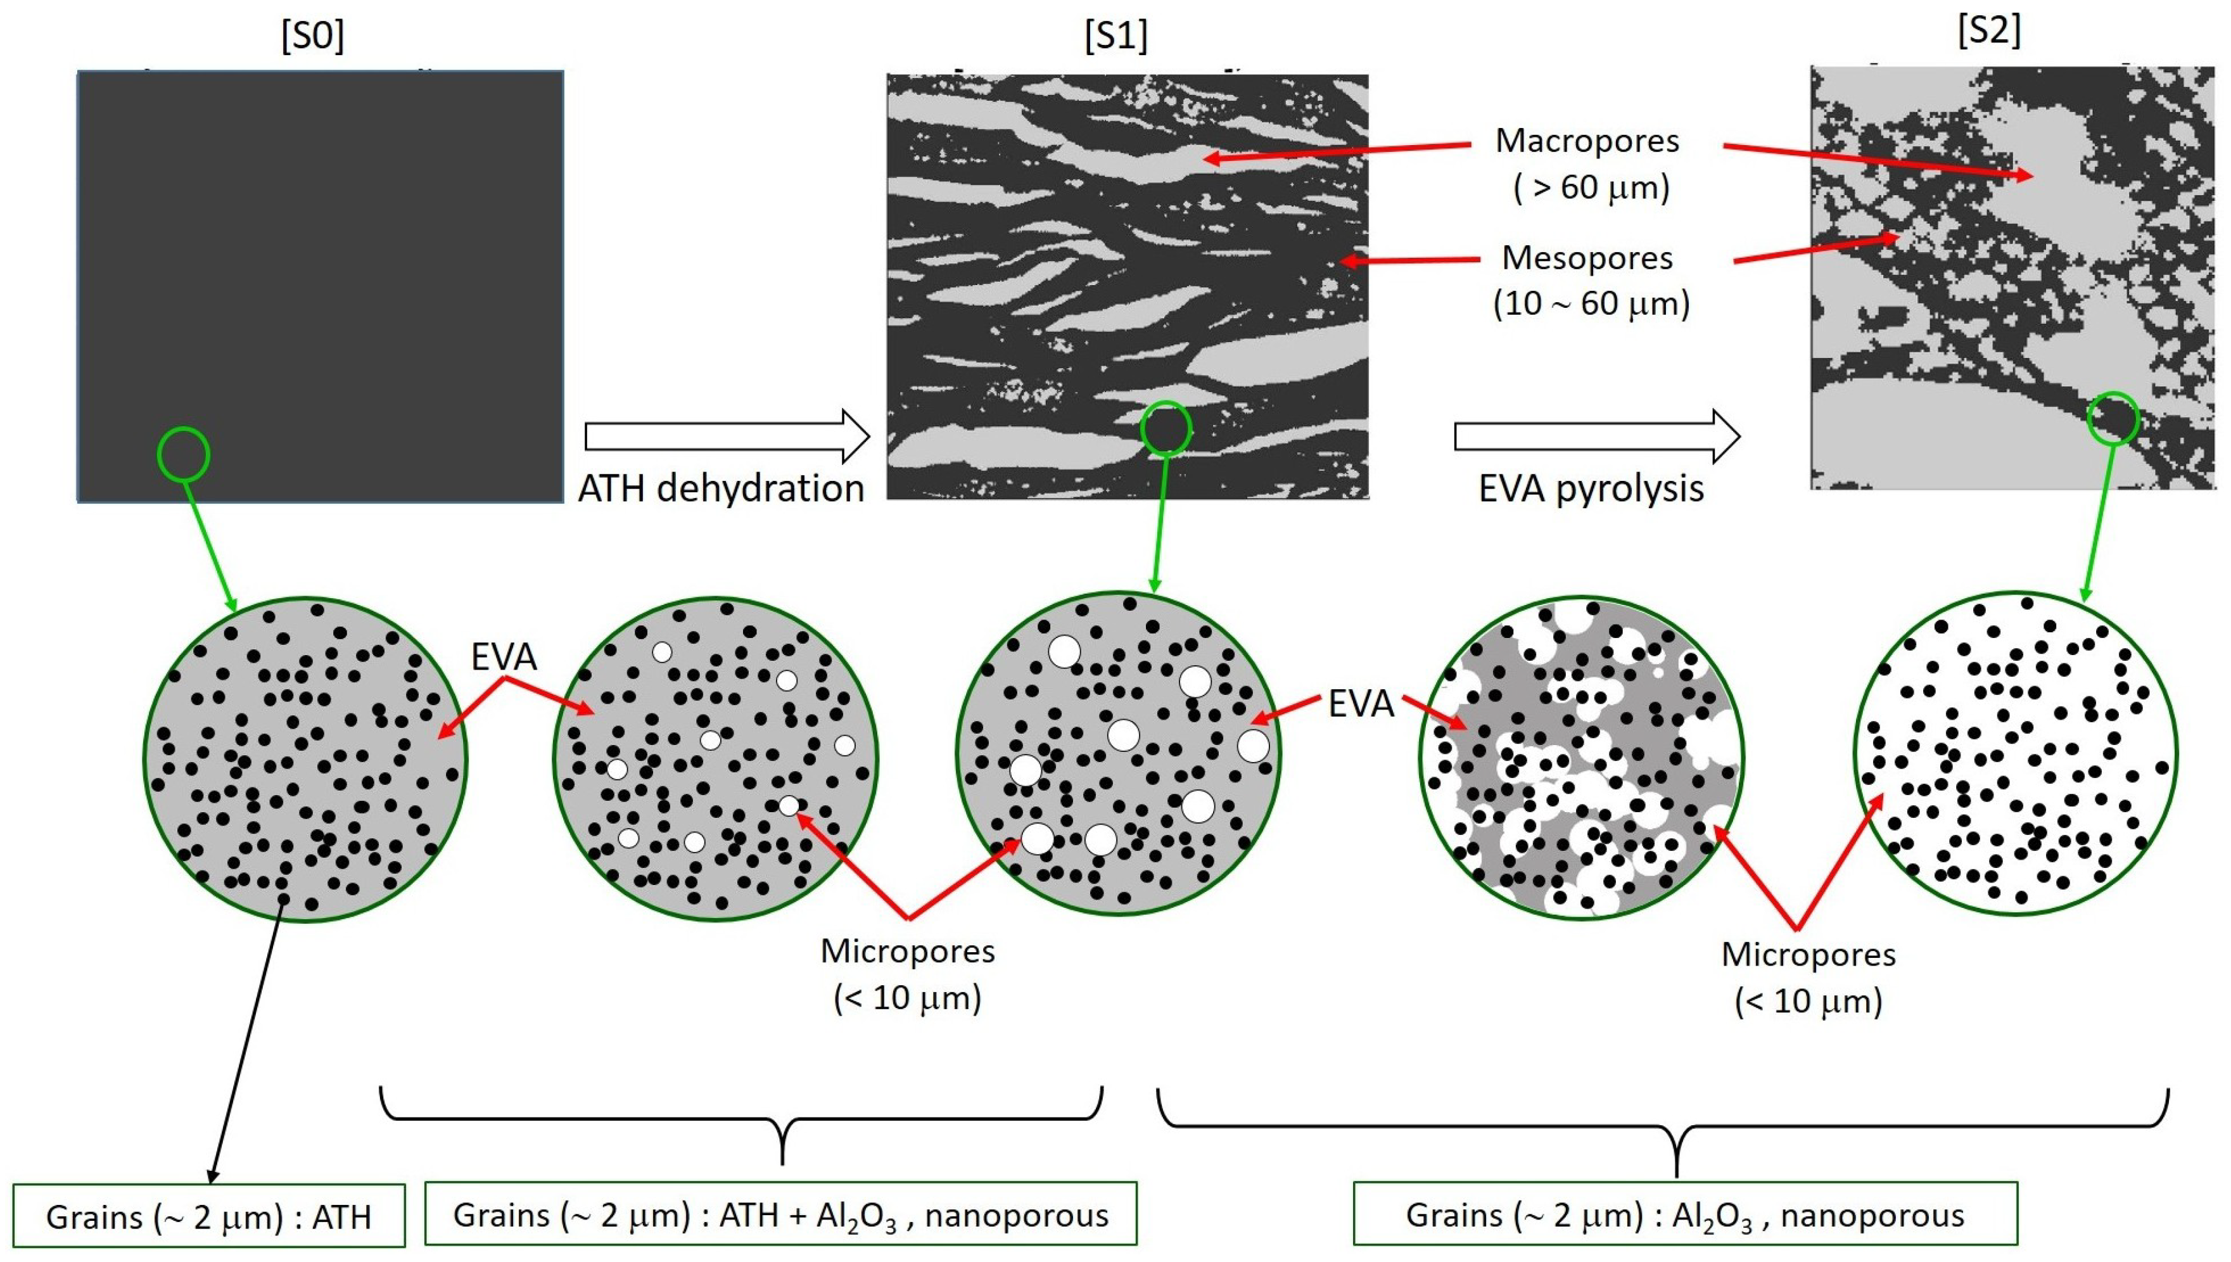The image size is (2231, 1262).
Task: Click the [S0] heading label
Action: tap(312, 35)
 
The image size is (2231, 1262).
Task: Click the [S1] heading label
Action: tap(1116, 35)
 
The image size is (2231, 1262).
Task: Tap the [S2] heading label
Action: tap(1989, 31)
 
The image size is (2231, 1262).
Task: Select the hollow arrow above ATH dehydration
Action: tap(726, 436)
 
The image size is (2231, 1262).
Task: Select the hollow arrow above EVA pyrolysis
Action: tap(1596, 436)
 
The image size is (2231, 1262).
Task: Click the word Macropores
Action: tap(1587, 141)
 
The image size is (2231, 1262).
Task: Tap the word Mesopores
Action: tap(1587, 257)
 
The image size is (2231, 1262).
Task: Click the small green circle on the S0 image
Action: tap(184, 454)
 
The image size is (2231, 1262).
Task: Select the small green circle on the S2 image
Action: tap(2113, 419)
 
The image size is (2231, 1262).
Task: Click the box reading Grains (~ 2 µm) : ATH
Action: tap(209, 1216)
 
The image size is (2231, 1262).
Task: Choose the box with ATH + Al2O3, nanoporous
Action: tap(780, 1214)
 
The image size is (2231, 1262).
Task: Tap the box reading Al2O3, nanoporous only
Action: tap(1684, 1214)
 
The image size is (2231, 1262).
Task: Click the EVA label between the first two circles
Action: tap(504, 657)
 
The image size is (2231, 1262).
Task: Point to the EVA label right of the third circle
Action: tap(1360, 704)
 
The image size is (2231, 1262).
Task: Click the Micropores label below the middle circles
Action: tap(907, 952)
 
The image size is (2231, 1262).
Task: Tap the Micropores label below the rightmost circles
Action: tap(1808, 954)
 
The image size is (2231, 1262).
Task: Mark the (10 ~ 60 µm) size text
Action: tap(1591, 304)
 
